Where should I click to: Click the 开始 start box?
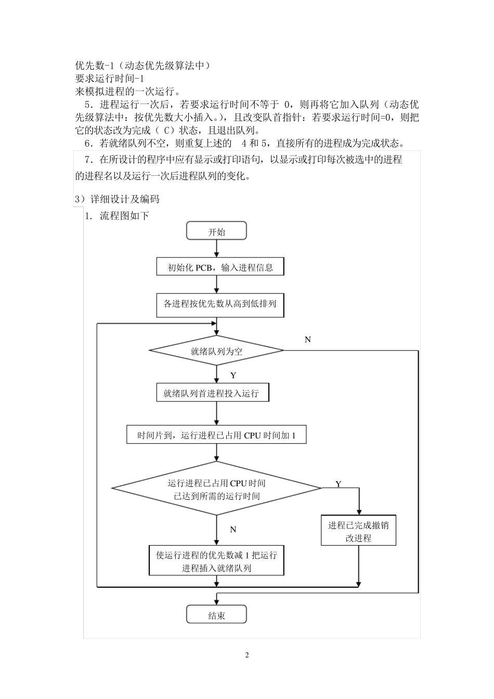[216, 232]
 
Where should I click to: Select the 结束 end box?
[216, 616]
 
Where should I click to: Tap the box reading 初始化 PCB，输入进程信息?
[220, 268]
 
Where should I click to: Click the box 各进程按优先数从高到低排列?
[220, 305]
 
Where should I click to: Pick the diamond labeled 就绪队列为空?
[216, 351]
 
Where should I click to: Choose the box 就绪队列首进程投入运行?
[213, 393]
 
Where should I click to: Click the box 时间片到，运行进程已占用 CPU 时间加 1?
[216, 435]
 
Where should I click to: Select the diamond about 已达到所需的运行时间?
[216, 489]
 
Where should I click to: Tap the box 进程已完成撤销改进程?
[358, 532]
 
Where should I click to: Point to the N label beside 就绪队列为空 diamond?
[308, 340]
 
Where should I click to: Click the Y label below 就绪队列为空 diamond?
[233, 376]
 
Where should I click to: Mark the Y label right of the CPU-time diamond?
[338, 484]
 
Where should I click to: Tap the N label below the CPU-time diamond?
[233, 529]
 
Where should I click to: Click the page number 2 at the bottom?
[247, 655]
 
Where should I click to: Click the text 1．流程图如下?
[117, 216]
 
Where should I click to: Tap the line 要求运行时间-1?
[109, 79]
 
